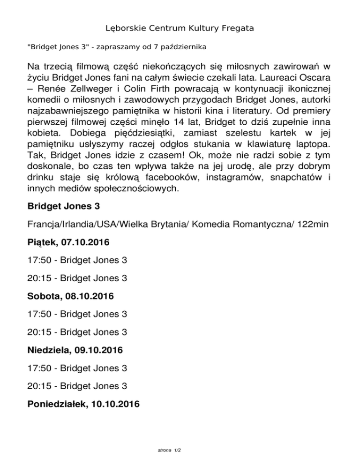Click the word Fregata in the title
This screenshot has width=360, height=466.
pos(236,29)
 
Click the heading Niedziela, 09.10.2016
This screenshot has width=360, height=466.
pos(75,350)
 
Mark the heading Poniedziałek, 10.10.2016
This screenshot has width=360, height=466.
pos(83,404)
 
